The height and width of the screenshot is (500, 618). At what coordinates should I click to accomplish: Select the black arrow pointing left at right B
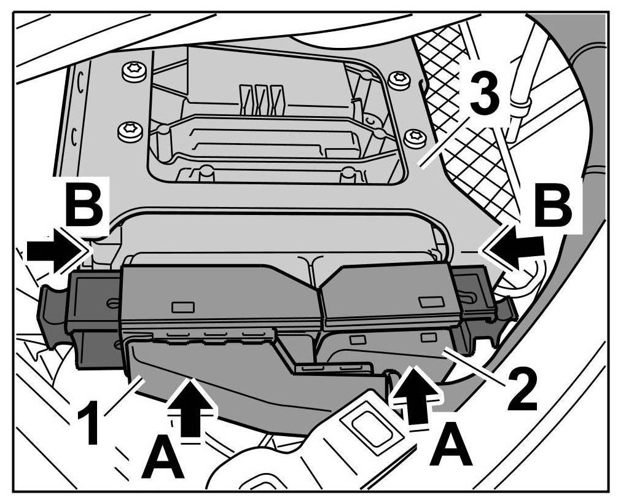click(x=517, y=249)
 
